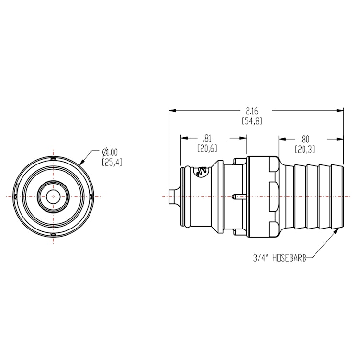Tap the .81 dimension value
pyautogui.click(x=207, y=139)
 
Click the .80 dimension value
pyautogui.click(x=304, y=139)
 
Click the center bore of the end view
pyautogui.click(x=53, y=196)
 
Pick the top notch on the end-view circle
pyautogui.click(x=53, y=158)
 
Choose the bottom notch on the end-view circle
pyautogui.click(x=53, y=234)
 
